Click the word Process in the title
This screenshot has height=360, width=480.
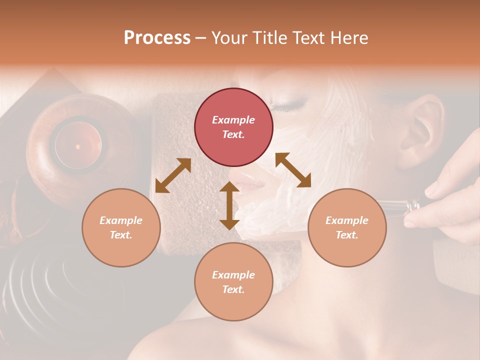pyautogui.click(x=157, y=38)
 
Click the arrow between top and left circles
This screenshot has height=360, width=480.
pyautogui.click(x=173, y=175)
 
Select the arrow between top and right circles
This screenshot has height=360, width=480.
pyautogui.click(x=293, y=170)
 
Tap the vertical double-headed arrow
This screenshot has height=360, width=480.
pyautogui.click(x=229, y=205)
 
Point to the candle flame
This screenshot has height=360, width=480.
pyautogui.click(x=77, y=146)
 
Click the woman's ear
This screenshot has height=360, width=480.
pyautogui.click(x=420, y=130)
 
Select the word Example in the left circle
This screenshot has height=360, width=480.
pyautogui.click(x=121, y=220)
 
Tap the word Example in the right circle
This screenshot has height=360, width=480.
pyautogui.click(x=347, y=220)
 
